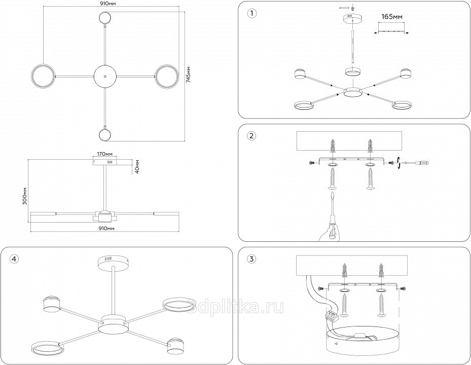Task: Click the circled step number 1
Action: pyautogui.click(x=250, y=13)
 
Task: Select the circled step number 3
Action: pyautogui.click(x=250, y=259)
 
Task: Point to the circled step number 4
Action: pyautogui.click(x=14, y=259)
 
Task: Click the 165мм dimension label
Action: pyautogui.click(x=391, y=17)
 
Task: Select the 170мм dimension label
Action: pyautogui.click(x=104, y=153)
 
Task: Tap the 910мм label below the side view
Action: pyautogui.click(x=105, y=229)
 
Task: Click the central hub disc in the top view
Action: pyautogui.click(x=105, y=76)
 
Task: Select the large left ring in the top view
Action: pyautogui.click(x=43, y=76)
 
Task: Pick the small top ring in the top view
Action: pyautogui.click(x=105, y=18)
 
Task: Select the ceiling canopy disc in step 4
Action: pyautogui.click(x=114, y=261)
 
